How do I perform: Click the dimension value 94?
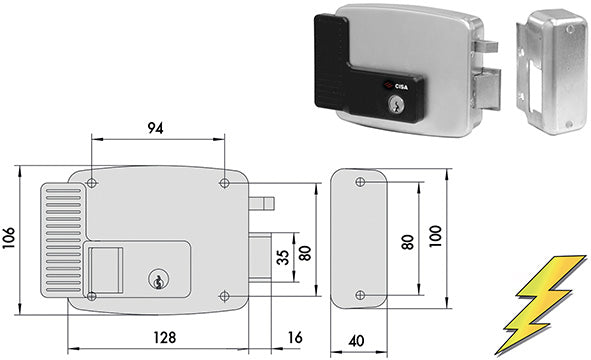click(x=155, y=127)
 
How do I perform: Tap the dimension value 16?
click(x=293, y=337)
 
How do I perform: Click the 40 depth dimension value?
click(x=357, y=341)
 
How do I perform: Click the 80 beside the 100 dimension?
click(x=406, y=241)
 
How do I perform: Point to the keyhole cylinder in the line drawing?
click(x=157, y=283)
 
